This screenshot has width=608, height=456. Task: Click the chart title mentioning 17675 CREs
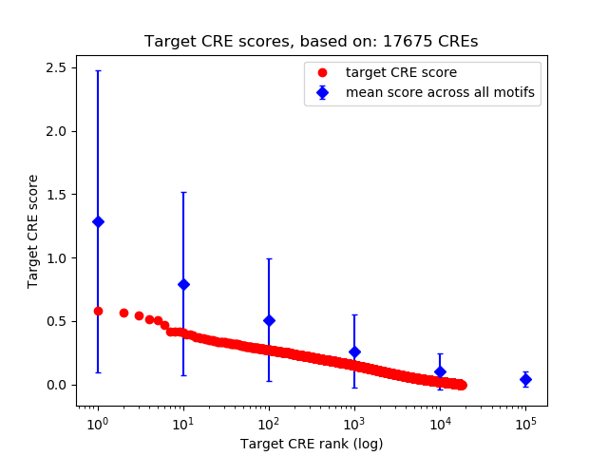point(312,42)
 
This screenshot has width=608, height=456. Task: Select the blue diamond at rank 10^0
point(98,221)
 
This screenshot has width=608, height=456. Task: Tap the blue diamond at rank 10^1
point(183,284)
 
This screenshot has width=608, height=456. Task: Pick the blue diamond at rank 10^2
point(269,320)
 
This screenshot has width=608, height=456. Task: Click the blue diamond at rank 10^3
point(354,351)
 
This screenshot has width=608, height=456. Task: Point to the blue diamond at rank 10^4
point(440,371)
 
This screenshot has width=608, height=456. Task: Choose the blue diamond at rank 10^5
point(525,379)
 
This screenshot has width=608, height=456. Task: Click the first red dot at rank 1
point(98,311)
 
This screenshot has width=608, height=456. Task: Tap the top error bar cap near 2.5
point(98,70)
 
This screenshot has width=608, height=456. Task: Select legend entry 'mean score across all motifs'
point(439,92)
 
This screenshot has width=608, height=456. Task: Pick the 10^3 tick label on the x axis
point(354,421)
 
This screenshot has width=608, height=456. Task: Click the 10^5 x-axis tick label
point(525,421)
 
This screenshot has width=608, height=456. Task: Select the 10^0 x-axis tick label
point(98,421)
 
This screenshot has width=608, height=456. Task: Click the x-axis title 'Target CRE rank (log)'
point(312,443)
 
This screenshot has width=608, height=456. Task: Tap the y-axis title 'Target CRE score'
point(33,231)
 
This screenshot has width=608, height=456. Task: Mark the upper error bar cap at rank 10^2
point(269,258)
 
